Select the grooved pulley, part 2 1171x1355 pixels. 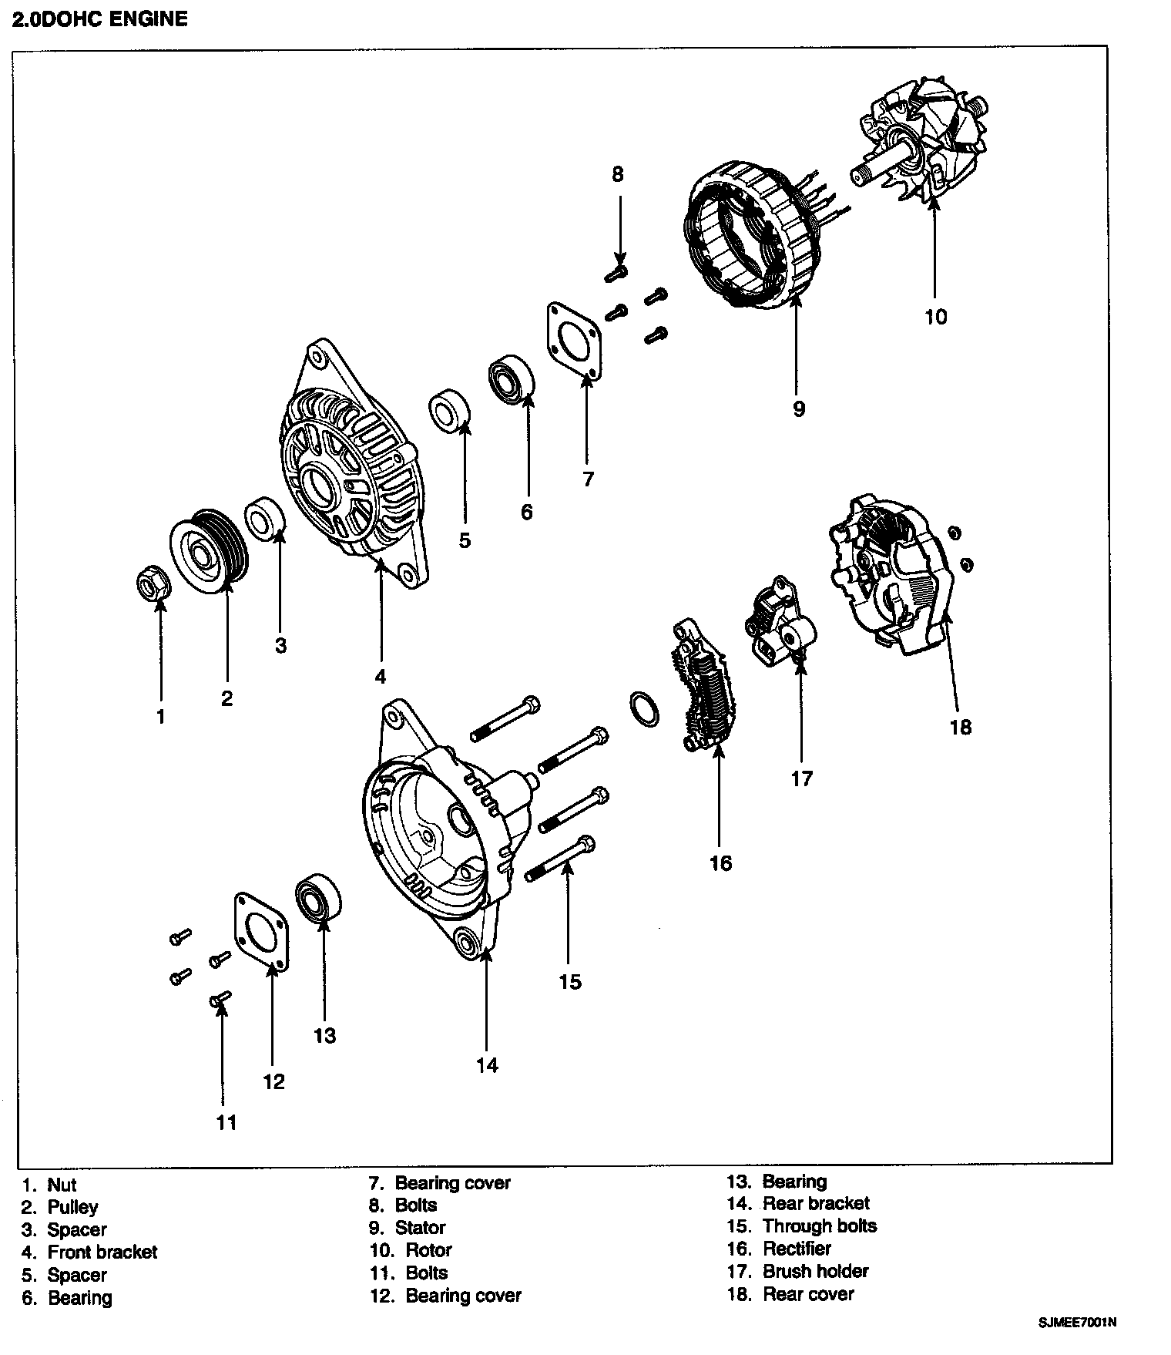click(x=209, y=551)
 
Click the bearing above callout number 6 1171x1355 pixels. click(x=511, y=379)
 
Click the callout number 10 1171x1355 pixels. click(x=936, y=317)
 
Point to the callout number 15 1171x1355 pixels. click(x=570, y=982)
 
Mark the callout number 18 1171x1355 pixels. click(x=961, y=727)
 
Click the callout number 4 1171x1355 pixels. click(x=380, y=677)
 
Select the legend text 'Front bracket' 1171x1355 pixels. click(x=102, y=1252)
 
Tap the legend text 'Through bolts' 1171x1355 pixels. click(x=820, y=1226)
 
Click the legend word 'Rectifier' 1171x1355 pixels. click(x=797, y=1249)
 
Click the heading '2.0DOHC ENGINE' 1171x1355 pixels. click(x=100, y=19)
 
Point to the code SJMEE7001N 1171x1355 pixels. click(x=1077, y=1322)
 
